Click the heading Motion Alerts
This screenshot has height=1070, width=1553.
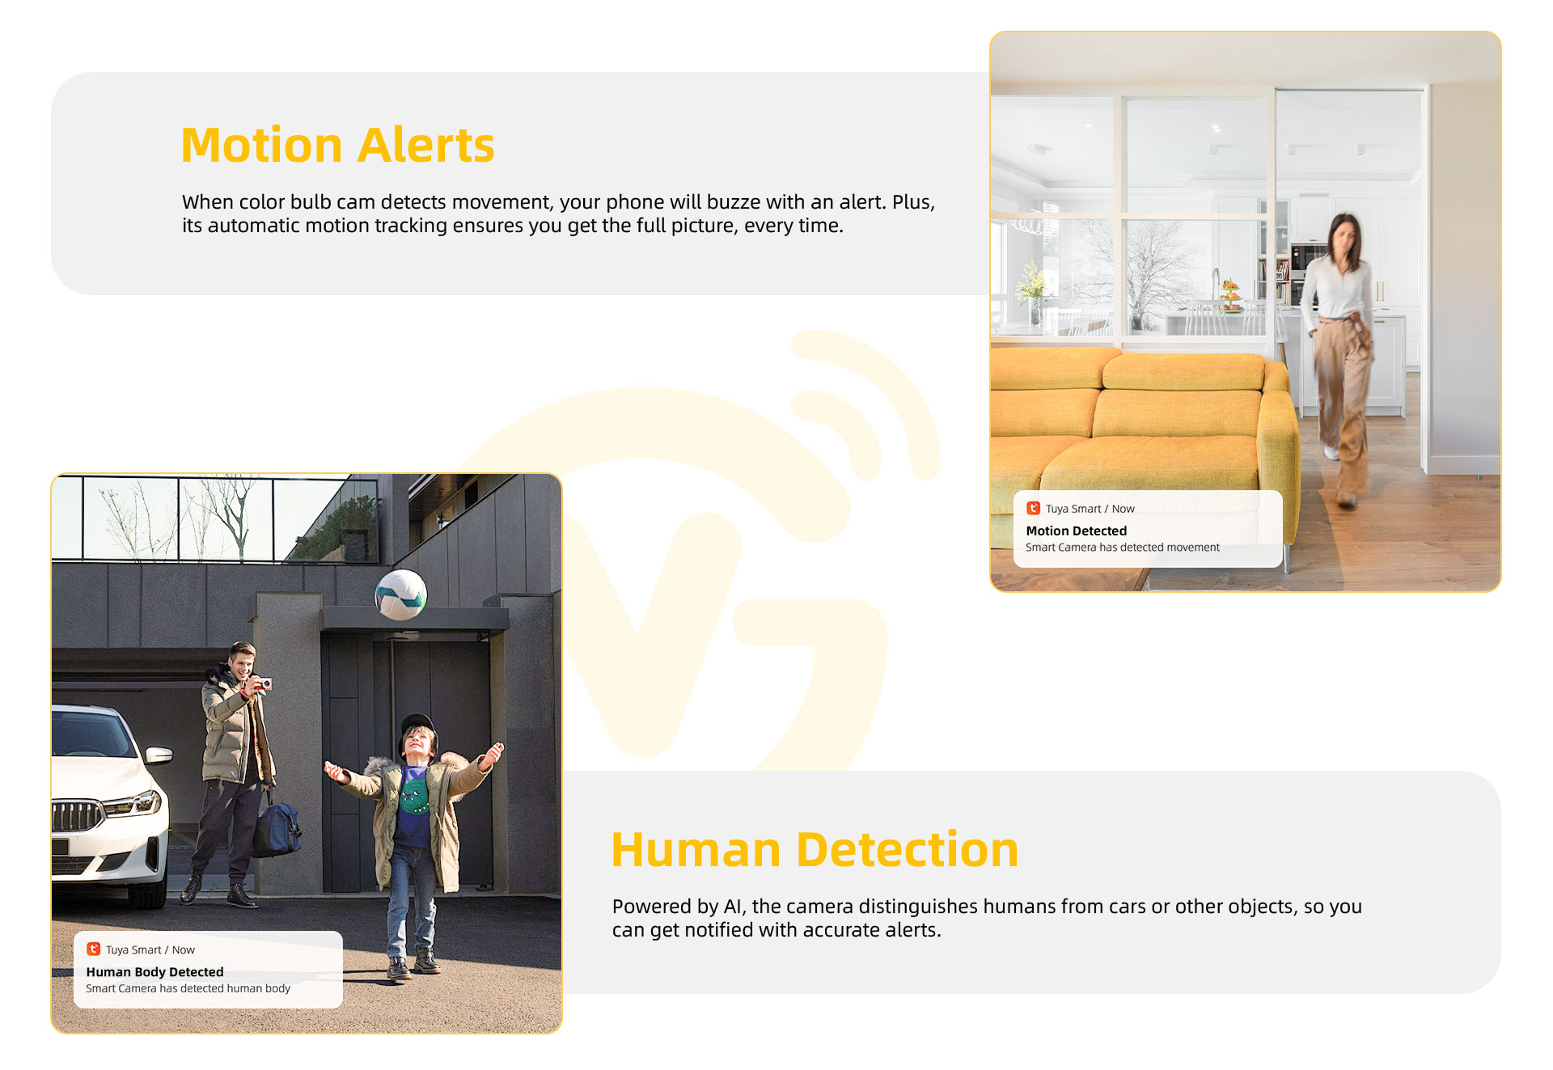click(x=337, y=146)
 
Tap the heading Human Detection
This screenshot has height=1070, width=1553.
click(x=815, y=850)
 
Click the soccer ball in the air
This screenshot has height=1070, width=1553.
click(x=401, y=594)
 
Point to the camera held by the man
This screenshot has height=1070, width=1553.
click(x=263, y=684)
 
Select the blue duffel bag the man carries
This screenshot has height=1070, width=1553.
click(x=276, y=827)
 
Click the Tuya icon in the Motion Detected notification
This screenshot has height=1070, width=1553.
click(x=1033, y=508)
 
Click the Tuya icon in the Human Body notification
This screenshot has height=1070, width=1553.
click(x=93, y=949)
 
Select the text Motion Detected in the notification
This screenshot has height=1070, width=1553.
click(x=1076, y=531)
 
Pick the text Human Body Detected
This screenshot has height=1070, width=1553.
click(x=154, y=971)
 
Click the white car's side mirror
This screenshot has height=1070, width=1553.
click(x=159, y=755)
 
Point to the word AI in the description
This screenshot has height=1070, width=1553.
click(x=732, y=907)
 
